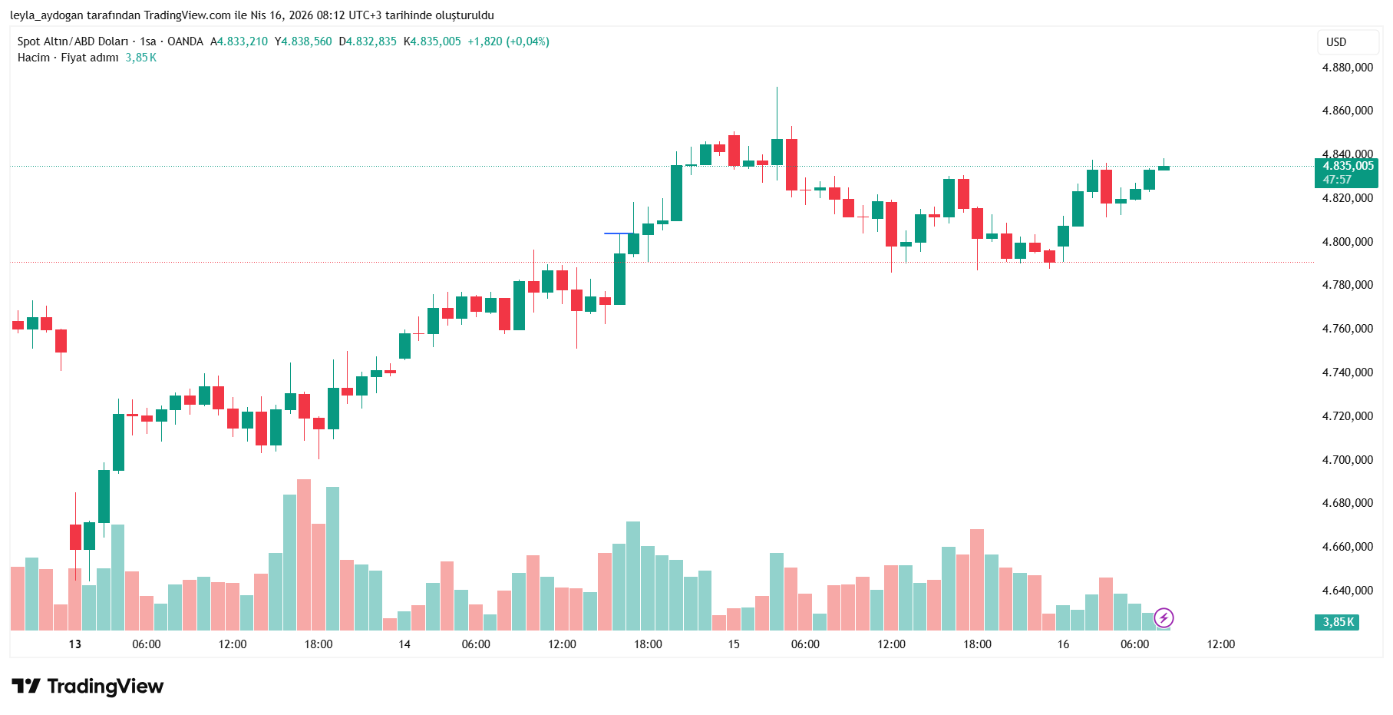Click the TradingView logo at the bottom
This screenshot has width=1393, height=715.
pyautogui.click(x=87, y=686)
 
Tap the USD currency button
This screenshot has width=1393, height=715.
pyautogui.click(x=1336, y=42)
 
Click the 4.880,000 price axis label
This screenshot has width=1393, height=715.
pyautogui.click(x=1347, y=68)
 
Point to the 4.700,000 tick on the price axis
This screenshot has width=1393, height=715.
pyautogui.click(x=1347, y=460)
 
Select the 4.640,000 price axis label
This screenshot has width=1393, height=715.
pyautogui.click(x=1347, y=591)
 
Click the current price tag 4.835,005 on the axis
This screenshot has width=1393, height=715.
pyautogui.click(x=1347, y=166)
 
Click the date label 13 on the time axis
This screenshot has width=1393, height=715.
pyautogui.click(x=74, y=644)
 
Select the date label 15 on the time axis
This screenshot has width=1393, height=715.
pyautogui.click(x=734, y=644)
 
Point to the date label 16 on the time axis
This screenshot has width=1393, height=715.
pyautogui.click(x=1063, y=644)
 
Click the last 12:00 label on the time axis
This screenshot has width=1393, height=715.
pyautogui.click(x=1220, y=644)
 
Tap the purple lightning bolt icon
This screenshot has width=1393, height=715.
pyautogui.click(x=1164, y=617)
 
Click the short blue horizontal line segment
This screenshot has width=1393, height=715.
pyautogui.click(x=619, y=233)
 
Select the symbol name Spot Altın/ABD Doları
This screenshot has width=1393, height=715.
pyautogui.click(x=73, y=41)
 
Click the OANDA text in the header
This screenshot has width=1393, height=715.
pyautogui.click(x=185, y=41)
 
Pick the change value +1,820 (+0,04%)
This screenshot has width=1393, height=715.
pyautogui.click(x=508, y=41)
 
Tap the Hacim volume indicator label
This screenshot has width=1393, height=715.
pyautogui.click(x=34, y=58)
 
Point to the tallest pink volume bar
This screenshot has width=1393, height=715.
pyautogui.click(x=304, y=553)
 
